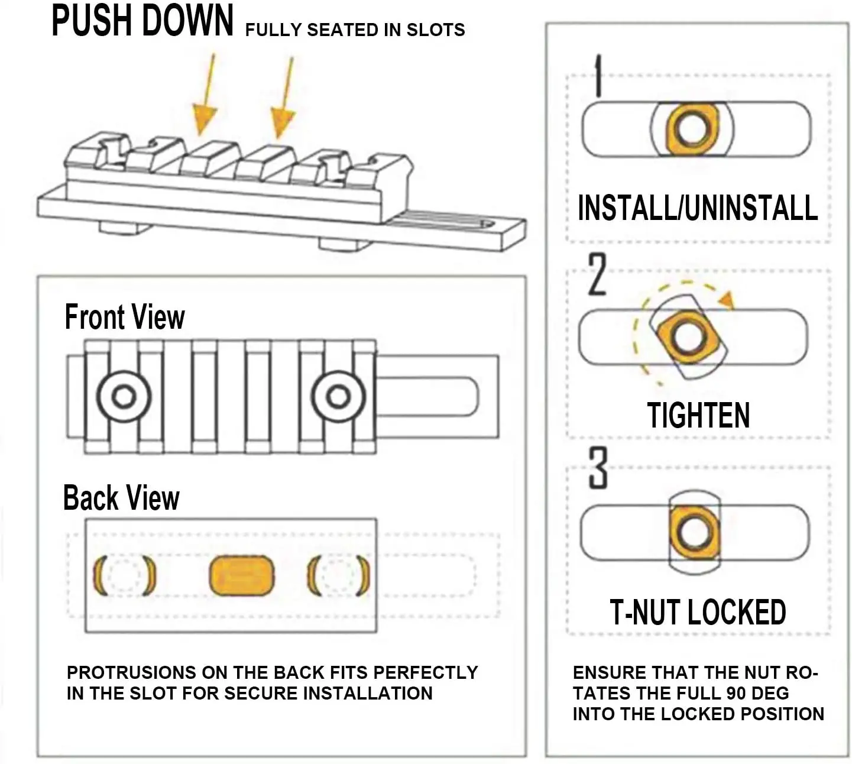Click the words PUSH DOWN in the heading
tap(142, 21)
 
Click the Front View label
tap(125, 317)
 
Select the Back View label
tap(121, 498)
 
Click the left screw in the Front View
tap(124, 396)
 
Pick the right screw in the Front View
tap(338, 396)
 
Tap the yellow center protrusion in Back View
tap(242, 575)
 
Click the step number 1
tap(598, 76)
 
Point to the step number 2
tap(597, 274)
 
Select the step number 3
tap(598, 468)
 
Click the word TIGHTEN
tap(698, 415)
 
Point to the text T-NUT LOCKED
tap(698, 612)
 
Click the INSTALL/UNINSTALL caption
tap(698, 208)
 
